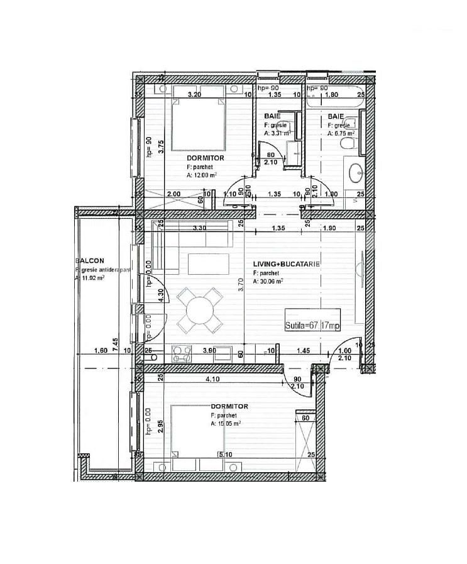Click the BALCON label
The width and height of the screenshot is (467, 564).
pyautogui.click(x=89, y=260)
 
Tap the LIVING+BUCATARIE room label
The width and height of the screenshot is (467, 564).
pyautogui.click(x=287, y=264)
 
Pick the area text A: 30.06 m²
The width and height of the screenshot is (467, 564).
pyautogui.click(x=268, y=282)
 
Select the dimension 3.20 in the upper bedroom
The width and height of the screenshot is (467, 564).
pyautogui.click(x=195, y=96)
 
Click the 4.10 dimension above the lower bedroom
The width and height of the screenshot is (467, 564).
pyautogui.click(x=212, y=379)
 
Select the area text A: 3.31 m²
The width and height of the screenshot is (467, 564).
pyautogui.click(x=277, y=133)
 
